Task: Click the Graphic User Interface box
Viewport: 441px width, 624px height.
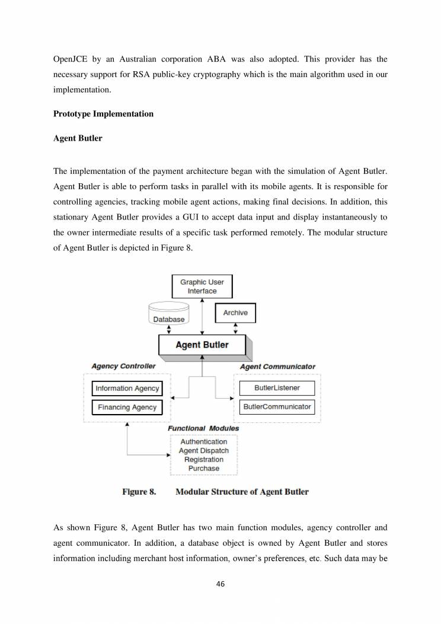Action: tap(202, 286)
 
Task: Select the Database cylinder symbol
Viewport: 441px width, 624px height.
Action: tap(169, 313)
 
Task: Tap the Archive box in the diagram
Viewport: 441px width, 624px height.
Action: tap(235, 313)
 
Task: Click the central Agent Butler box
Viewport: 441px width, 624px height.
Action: tap(202, 345)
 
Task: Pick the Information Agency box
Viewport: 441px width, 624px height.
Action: tap(127, 389)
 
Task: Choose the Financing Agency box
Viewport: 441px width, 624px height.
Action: tap(127, 407)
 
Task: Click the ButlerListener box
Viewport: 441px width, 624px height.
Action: tap(276, 388)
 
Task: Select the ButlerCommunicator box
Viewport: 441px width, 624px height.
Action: tap(276, 407)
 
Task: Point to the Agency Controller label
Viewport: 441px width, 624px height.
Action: tap(123, 367)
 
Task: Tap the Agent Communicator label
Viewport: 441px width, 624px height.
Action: tap(277, 367)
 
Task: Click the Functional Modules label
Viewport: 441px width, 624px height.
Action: tap(203, 428)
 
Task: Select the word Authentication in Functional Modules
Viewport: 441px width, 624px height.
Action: tap(203, 442)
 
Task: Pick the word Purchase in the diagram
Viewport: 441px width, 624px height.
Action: tap(203, 469)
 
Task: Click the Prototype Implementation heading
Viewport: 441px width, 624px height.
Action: tap(103, 114)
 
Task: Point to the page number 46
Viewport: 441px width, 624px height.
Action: tap(220, 584)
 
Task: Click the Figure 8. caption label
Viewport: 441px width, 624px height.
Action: tap(139, 492)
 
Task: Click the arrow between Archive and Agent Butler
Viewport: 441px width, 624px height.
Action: tap(236, 329)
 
